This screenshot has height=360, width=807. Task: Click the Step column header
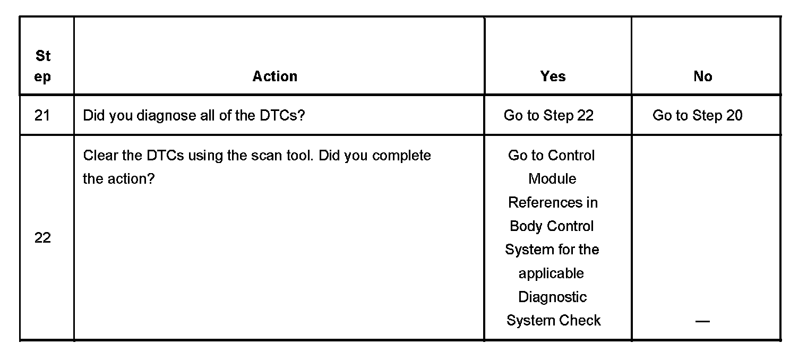[x=42, y=66]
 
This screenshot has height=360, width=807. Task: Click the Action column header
[x=274, y=76]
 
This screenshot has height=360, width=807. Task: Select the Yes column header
[x=553, y=76]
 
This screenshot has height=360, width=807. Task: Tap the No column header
[x=702, y=76]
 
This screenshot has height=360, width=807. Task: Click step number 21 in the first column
[x=42, y=115]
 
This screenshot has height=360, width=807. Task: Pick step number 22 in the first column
[x=42, y=238]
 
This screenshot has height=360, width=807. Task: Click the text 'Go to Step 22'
[x=548, y=115]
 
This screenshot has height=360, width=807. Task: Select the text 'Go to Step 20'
[x=697, y=115]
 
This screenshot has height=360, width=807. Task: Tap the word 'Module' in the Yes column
[x=552, y=179]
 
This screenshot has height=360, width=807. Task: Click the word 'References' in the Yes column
[x=553, y=202]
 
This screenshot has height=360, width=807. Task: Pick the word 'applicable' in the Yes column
[x=551, y=273]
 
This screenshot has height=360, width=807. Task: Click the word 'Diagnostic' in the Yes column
[x=552, y=297]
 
